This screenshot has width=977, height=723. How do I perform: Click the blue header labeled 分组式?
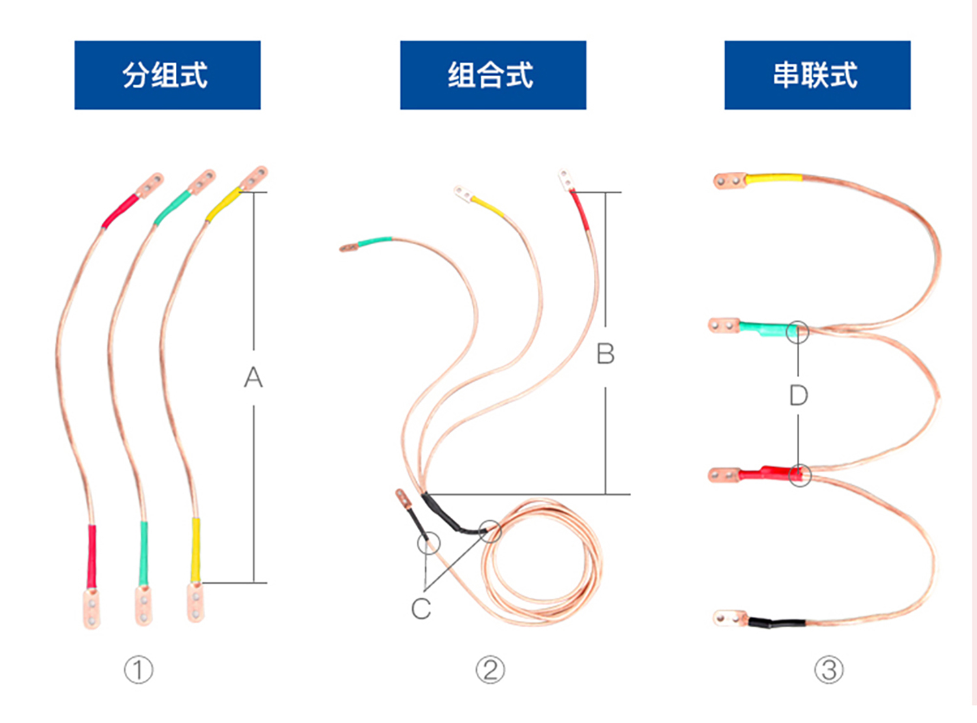(167, 75)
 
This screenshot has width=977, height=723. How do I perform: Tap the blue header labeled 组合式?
(492, 75)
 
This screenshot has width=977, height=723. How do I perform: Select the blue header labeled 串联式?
(817, 75)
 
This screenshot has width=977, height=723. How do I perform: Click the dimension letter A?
(253, 377)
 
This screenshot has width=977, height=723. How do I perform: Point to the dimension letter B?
(605, 354)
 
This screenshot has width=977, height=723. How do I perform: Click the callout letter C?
(421, 609)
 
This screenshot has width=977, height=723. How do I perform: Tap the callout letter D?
(799, 395)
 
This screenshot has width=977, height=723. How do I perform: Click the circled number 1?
(139, 670)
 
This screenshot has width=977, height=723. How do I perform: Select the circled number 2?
(490, 670)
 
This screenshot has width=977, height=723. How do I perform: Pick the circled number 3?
(829, 670)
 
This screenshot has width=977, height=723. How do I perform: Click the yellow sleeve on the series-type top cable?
(774, 178)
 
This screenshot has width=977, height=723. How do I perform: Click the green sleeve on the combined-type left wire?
(375, 242)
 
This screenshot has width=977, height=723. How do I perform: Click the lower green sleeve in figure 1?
(143, 554)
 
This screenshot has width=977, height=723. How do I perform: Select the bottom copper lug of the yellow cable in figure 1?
(195, 602)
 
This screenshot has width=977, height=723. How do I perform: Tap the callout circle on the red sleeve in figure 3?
(800, 474)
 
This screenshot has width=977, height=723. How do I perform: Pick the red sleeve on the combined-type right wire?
(580, 210)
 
